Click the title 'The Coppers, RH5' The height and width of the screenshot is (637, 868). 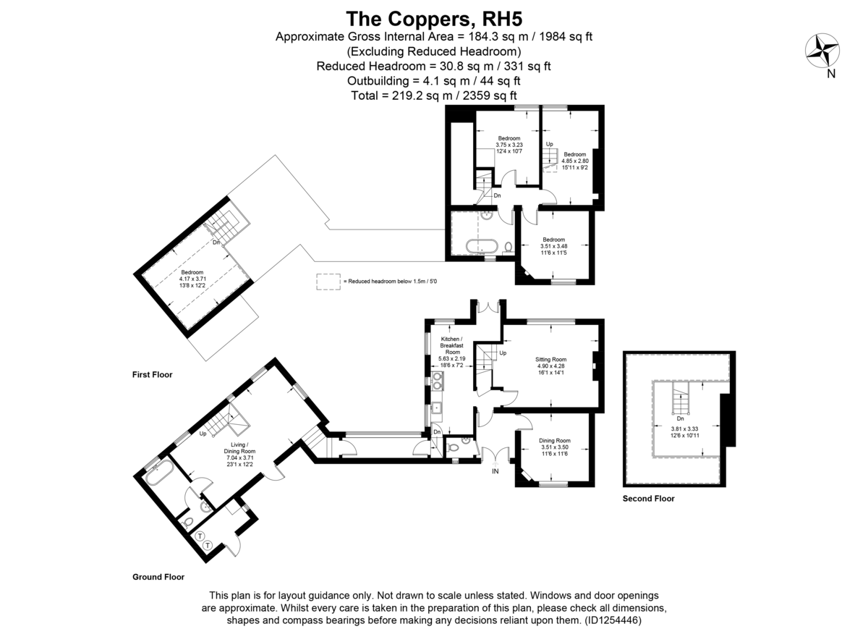[x=434, y=17]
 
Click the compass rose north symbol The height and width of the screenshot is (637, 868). [x=822, y=51]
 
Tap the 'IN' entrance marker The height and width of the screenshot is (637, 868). [x=495, y=471]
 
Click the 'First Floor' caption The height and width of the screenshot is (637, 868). [x=152, y=375]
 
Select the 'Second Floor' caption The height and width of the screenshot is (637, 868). [x=648, y=499]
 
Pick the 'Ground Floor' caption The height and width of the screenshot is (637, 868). [x=158, y=577]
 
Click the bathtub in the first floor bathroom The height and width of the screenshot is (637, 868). [x=480, y=245]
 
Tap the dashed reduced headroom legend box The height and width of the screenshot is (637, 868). [x=328, y=282]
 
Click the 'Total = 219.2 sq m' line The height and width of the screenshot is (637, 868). [x=434, y=95]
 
